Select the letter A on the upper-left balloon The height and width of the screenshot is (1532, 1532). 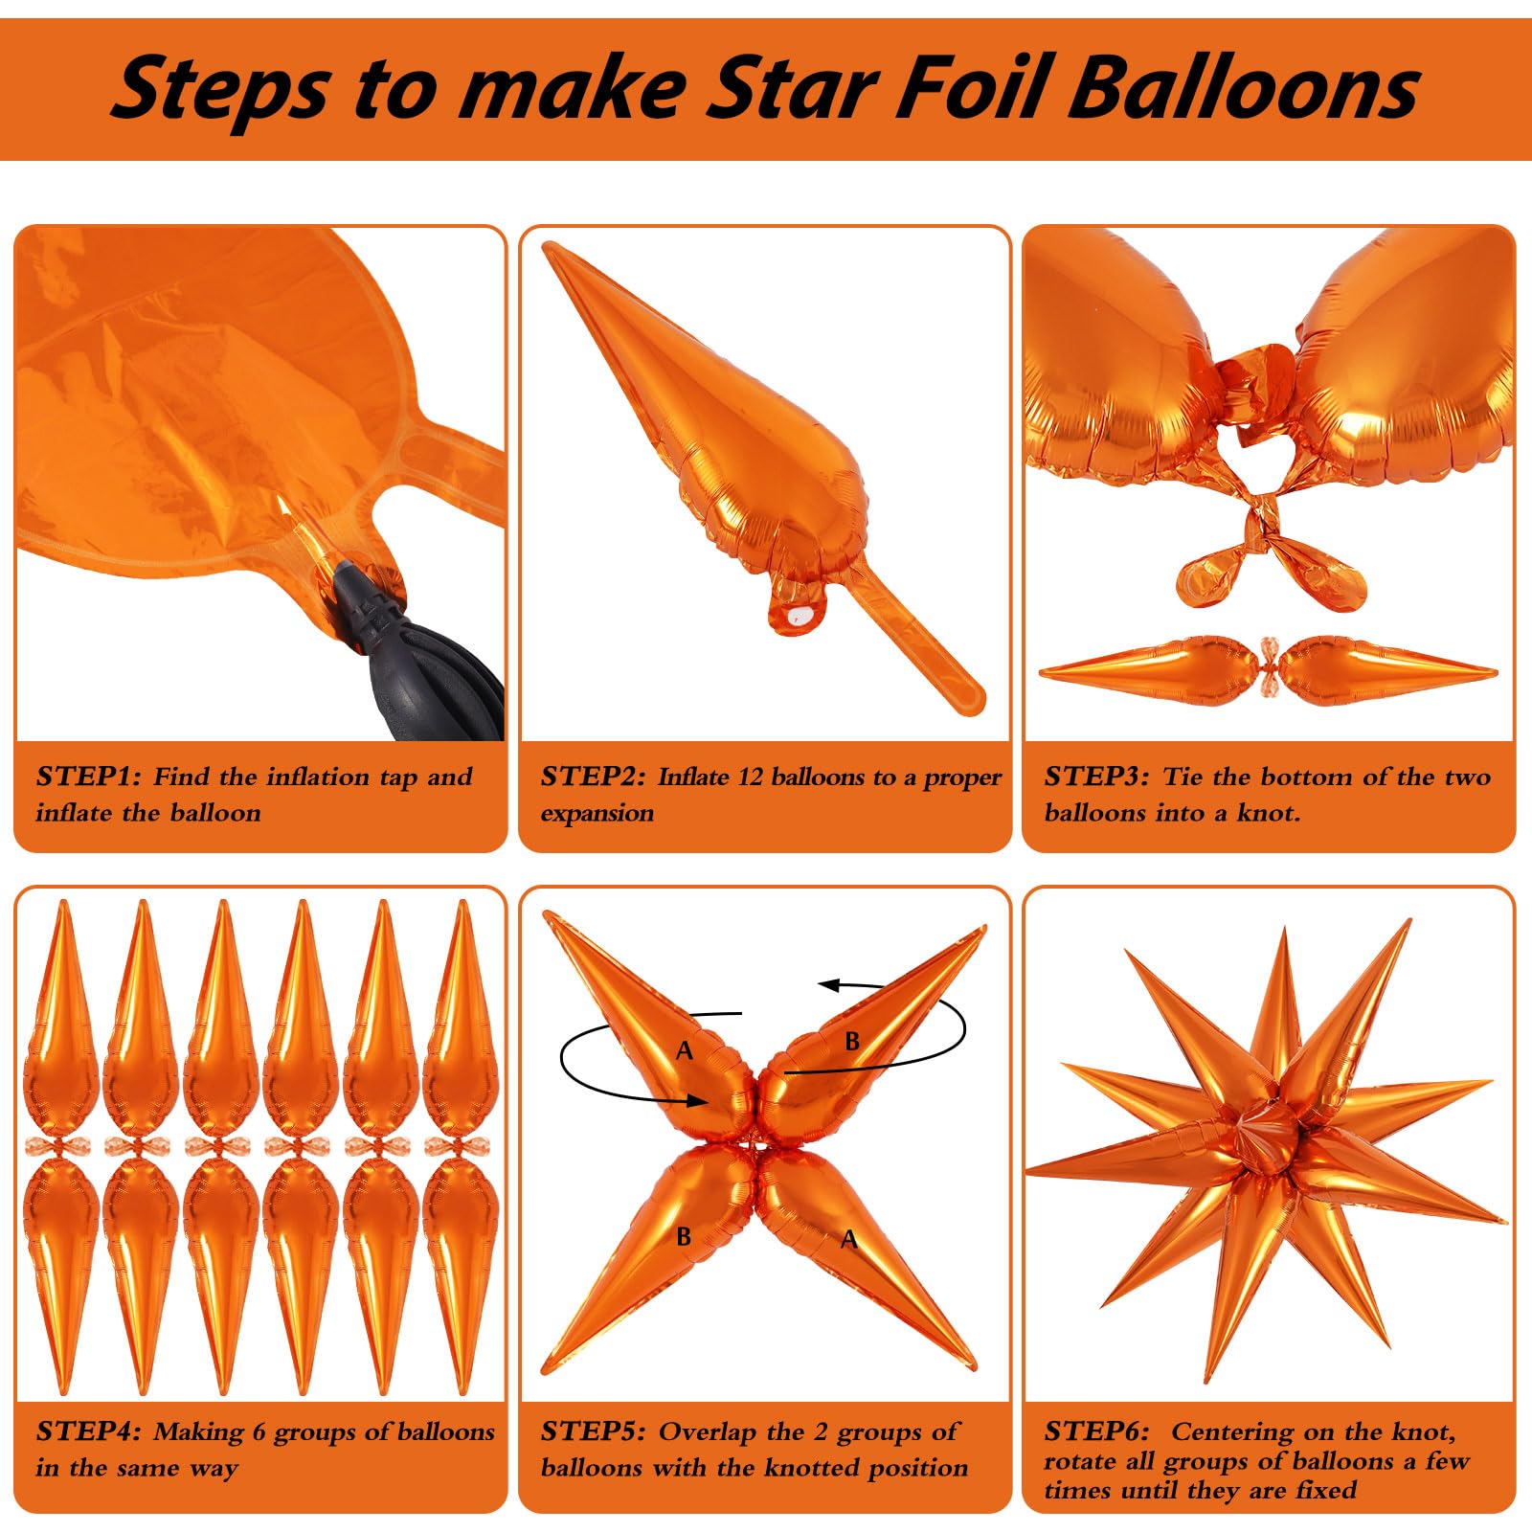(685, 1051)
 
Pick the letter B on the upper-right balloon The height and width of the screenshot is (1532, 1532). (852, 1041)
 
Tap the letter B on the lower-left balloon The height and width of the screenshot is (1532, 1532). (684, 1236)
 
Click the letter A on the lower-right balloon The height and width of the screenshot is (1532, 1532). (848, 1239)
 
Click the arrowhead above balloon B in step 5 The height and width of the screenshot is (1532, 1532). (829, 985)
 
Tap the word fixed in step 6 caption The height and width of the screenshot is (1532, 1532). (1325, 1490)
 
